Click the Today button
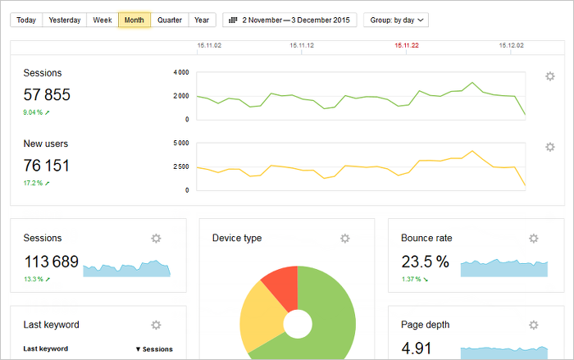coord(26,20)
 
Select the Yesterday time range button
coord(64,20)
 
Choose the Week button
coord(102,20)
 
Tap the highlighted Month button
coord(134,20)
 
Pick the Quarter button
coord(170,20)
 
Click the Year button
coord(201,20)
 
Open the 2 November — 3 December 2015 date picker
coord(289,20)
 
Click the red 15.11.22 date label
coord(406,47)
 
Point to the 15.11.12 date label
coord(301,47)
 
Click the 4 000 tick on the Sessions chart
coord(181,73)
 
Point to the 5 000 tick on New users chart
coord(181,144)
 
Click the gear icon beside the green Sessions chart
coord(550,76)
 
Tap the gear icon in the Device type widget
coord(345,239)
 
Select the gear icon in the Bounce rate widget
coord(534,239)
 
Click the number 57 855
coord(47,95)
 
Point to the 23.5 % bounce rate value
coord(425,262)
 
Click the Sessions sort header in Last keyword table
coord(154,349)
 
